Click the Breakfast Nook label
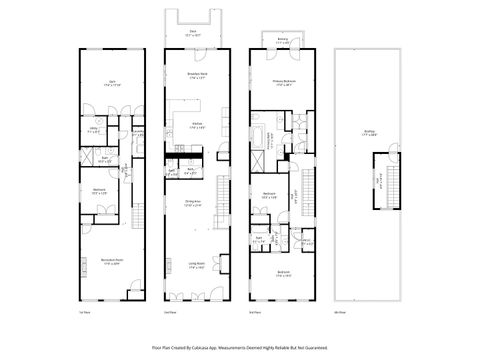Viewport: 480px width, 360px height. click(x=197, y=76)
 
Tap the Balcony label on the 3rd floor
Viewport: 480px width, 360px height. click(x=284, y=41)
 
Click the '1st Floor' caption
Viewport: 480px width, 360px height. click(x=84, y=312)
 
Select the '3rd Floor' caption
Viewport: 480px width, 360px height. click(x=257, y=312)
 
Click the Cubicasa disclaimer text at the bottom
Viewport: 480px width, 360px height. click(x=239, y=347)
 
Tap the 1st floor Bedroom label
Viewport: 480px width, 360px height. click(x=101, y=190)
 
